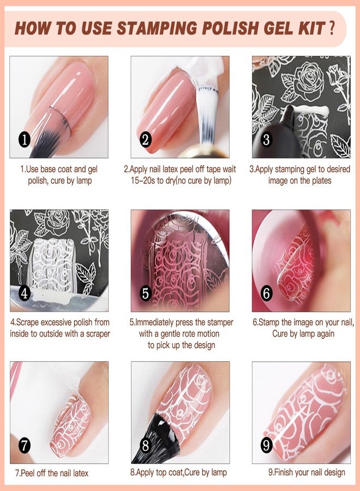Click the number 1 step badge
tap(24, 139)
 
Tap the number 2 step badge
tap(145, 139)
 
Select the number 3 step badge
tap(266, 139)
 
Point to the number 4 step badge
tap(24, 293)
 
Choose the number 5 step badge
tap(145, 293)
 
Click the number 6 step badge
tap(266, 293)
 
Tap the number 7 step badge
tap(24, 445)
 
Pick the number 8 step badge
tap(145, 445)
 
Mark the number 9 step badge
tap(266, 445)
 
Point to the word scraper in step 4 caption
tap(95, 333)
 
